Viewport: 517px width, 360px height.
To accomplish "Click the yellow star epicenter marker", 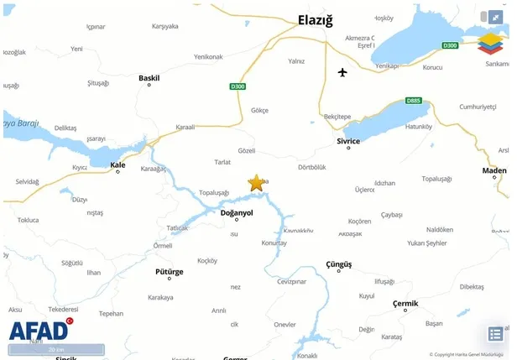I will pos(256,183).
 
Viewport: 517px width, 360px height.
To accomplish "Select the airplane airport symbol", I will pos(342,72).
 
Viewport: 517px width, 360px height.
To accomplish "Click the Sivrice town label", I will pos(348,141).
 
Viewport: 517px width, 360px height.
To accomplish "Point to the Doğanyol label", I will pos(236,213).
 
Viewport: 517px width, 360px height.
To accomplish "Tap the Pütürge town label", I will pos(170,272).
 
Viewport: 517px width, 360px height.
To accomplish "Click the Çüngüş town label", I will pos(339,264).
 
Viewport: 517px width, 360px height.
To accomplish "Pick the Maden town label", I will pos(494,170).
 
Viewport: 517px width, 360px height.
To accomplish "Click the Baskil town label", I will pos(149,78).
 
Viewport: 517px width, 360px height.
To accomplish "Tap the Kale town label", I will pos(117,164).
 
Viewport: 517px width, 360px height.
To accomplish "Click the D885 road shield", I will pos(413,101).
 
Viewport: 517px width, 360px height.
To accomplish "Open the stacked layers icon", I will pos(490,44).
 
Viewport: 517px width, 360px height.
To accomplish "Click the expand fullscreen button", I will pos(496,16).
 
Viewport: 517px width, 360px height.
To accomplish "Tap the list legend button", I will pos(495,334).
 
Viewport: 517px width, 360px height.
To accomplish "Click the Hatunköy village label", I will pos(418,127).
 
